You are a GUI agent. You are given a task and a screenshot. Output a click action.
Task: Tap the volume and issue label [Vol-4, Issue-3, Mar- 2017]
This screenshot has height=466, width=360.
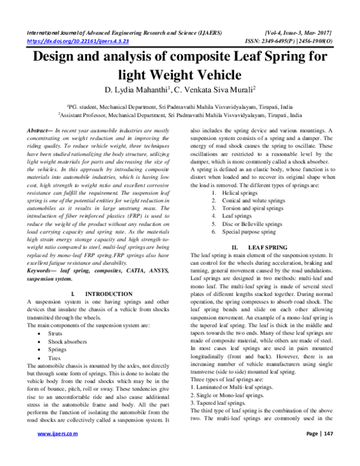click(298, 32)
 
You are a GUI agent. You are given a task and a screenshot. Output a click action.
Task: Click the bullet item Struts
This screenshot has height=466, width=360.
click(55, 331)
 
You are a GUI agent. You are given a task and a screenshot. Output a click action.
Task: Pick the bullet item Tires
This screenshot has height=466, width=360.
click(55, 357)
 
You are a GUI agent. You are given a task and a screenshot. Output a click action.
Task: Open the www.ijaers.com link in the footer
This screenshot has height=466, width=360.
click(59, 449)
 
